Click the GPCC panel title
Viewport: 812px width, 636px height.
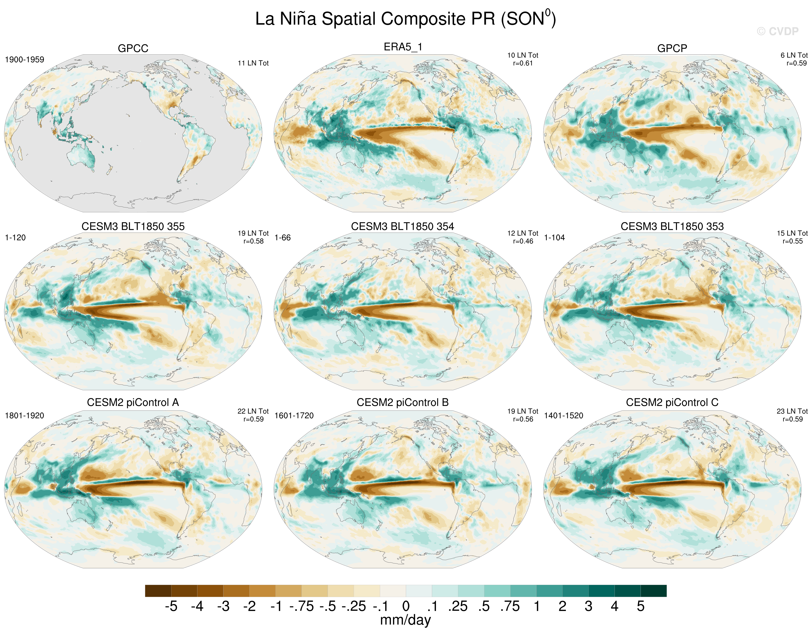click(x=133, y=49)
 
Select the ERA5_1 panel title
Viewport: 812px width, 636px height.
click(x=403, y=47)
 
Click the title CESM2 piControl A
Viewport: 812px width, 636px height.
click(x=133, y=403)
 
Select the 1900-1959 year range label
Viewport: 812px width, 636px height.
click(x=25, y=60)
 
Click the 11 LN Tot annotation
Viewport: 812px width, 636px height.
click(x=253, y=63)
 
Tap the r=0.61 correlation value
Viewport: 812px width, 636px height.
click(x=523, y=63)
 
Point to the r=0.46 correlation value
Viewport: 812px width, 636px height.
click(x=523, y=241)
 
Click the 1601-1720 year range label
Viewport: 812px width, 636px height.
click(x=294, y=416)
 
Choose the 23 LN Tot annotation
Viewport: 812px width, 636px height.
click(x=792, y=411)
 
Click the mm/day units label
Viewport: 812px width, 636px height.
click(x=406, y=620)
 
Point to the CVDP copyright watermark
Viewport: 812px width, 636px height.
click(x=778, y=31)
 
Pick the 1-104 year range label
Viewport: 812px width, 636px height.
click(x=554, y=238)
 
